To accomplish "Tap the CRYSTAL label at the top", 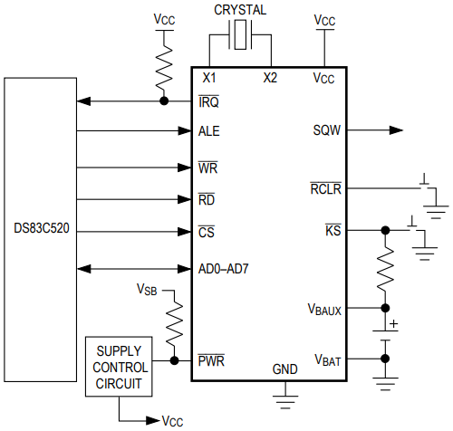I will pos(240,10).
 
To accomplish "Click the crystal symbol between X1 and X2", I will pos(240,37).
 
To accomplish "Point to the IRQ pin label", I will pos(209,101).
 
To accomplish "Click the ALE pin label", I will pos(209,131).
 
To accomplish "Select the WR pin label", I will pos(208,168).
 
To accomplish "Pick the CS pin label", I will pos(207,232).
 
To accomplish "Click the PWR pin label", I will pos(212,360).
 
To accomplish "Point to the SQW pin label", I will pos(326,131).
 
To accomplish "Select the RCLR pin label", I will pos(324,189).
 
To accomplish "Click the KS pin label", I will pos(333,231).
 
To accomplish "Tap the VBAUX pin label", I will pos(324,309).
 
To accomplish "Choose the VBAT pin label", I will pos(328,359).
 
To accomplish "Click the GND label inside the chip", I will pos(284,369).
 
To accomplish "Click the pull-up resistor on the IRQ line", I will pos(164,66).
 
